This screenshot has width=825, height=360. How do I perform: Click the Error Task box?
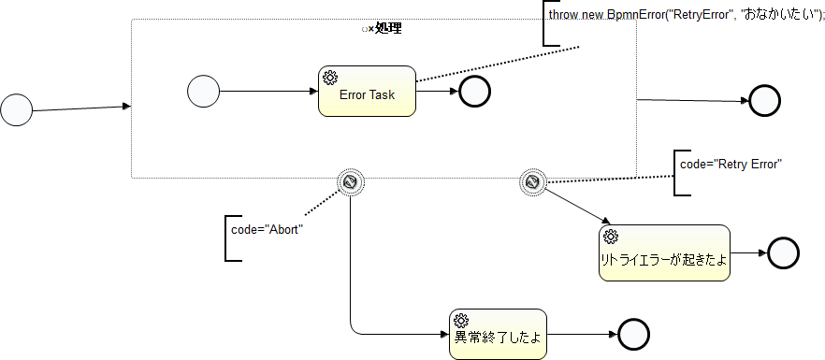[x=368, y=92]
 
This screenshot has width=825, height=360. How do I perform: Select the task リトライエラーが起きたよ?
[x=663, y=253]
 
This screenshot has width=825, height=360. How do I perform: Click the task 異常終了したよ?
[x=498, y=334]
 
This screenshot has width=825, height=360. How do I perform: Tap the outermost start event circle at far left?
[x=17, y=109]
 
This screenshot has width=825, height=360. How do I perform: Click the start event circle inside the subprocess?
[x=203, y=92]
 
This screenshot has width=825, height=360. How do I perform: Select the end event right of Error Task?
[x=474, y=92]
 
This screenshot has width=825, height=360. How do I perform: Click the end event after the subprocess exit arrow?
[x=764, y=100]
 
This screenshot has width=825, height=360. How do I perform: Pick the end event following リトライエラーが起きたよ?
[x=782, y=252]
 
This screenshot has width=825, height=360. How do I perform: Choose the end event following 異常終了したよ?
[x=633, y=334]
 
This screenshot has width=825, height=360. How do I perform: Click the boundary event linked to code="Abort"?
[x=351, y=183]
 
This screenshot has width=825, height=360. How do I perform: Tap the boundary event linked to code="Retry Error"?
[x=532, y=183]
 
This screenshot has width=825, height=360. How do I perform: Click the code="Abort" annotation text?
[x=268, y=229]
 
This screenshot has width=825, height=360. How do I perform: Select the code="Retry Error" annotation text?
[x=731, y=164]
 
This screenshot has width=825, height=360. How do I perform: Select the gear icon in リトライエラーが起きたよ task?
[x=611, y=237]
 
